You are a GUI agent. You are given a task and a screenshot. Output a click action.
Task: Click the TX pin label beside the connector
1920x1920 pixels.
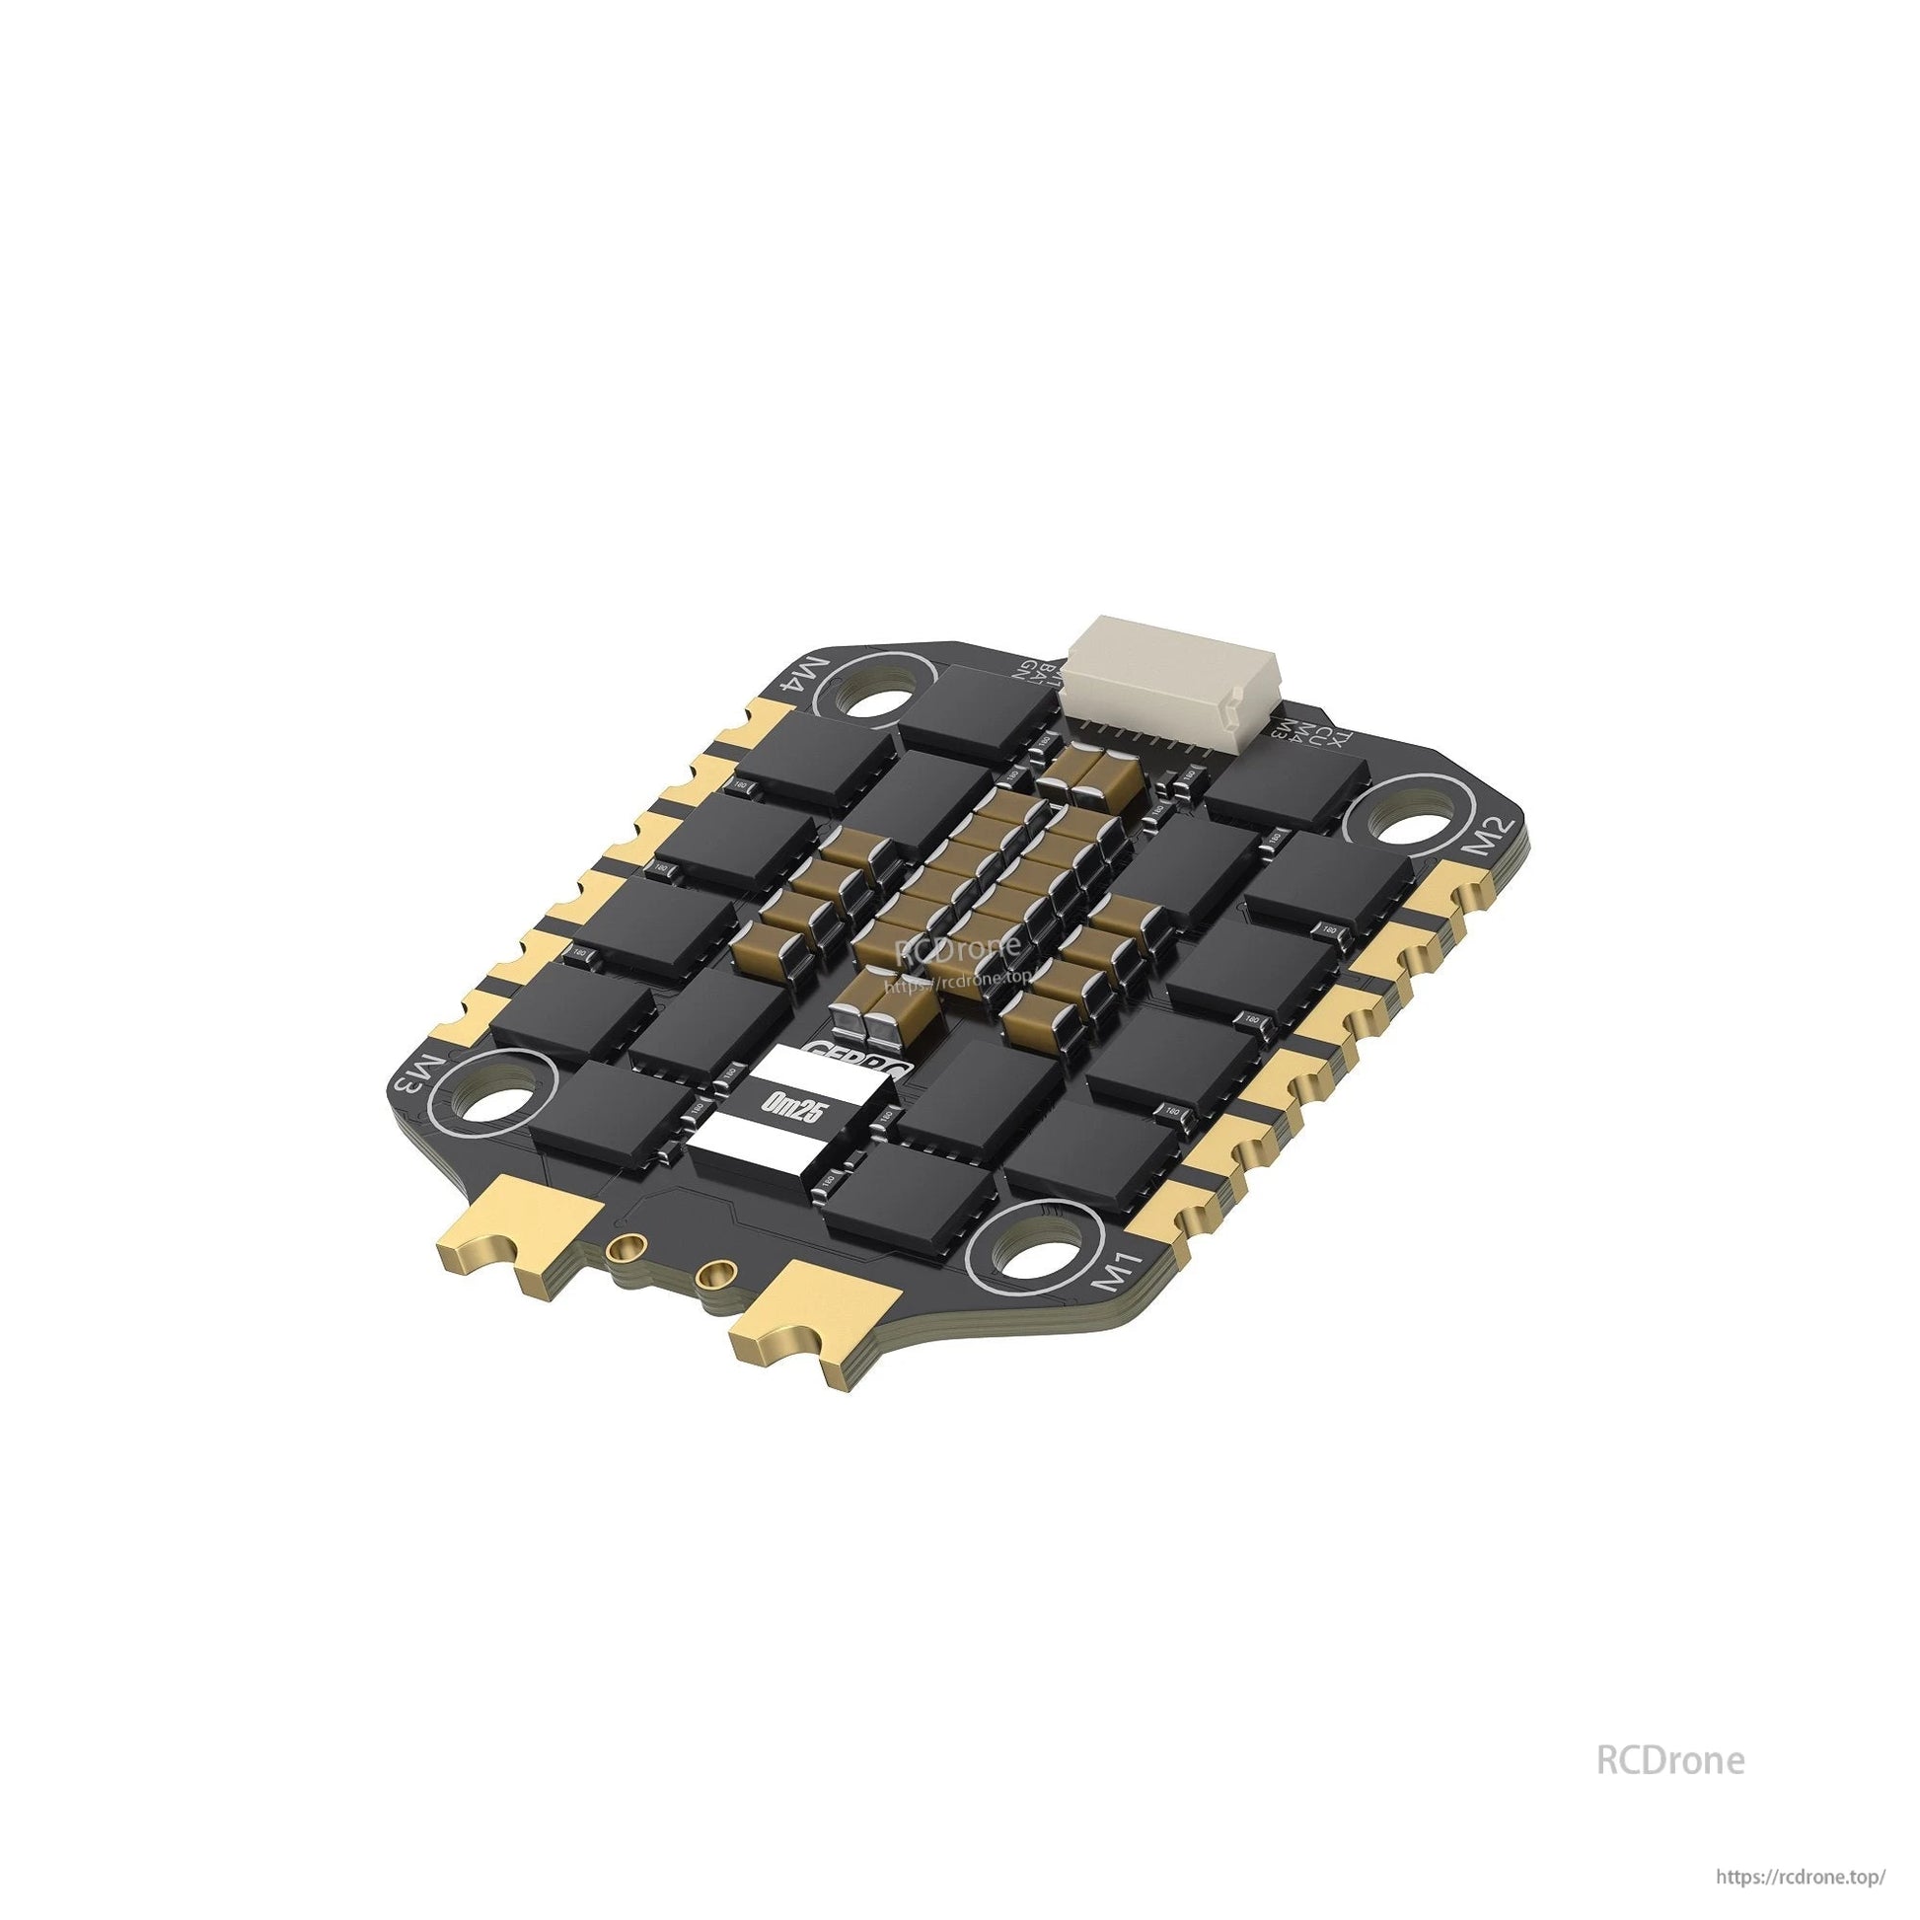pos(1341,740)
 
